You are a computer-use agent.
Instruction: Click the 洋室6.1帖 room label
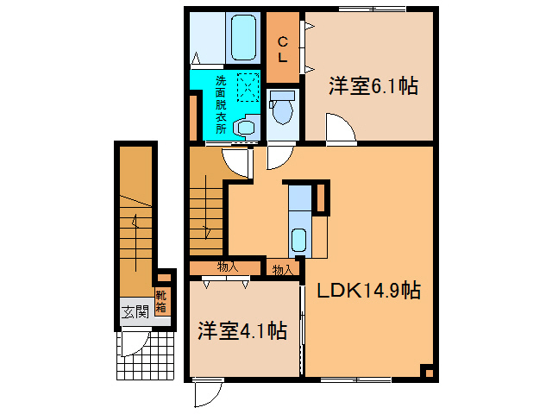pyautogui.click(x=373, y=86)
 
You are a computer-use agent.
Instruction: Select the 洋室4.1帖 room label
pyautogui.click(x=242, y=330)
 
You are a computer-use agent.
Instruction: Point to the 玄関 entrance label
pyautogui.click(x=134, y=312)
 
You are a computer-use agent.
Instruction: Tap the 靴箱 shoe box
pyautogui.click(x=162, y=302)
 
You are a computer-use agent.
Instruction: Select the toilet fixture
pyautogui.click(x=280, y=111)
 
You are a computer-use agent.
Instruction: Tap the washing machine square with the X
pyautogui.click(x=248, y=86)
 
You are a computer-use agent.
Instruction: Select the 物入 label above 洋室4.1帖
pyautogui.click(x=228, y=267)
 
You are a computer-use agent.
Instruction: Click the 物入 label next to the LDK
pyautogui.click(x=283, y=270)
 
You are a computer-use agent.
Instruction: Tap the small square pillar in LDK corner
pyautogui.click(x=426, y=372)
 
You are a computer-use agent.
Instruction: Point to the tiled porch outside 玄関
pyautogui.click(x=141, y=355)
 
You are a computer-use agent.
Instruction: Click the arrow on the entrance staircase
pyautogui.click(x=135, y=226)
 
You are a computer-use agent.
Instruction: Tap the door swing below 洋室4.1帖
pyautogui.click(x=207, y=393)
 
